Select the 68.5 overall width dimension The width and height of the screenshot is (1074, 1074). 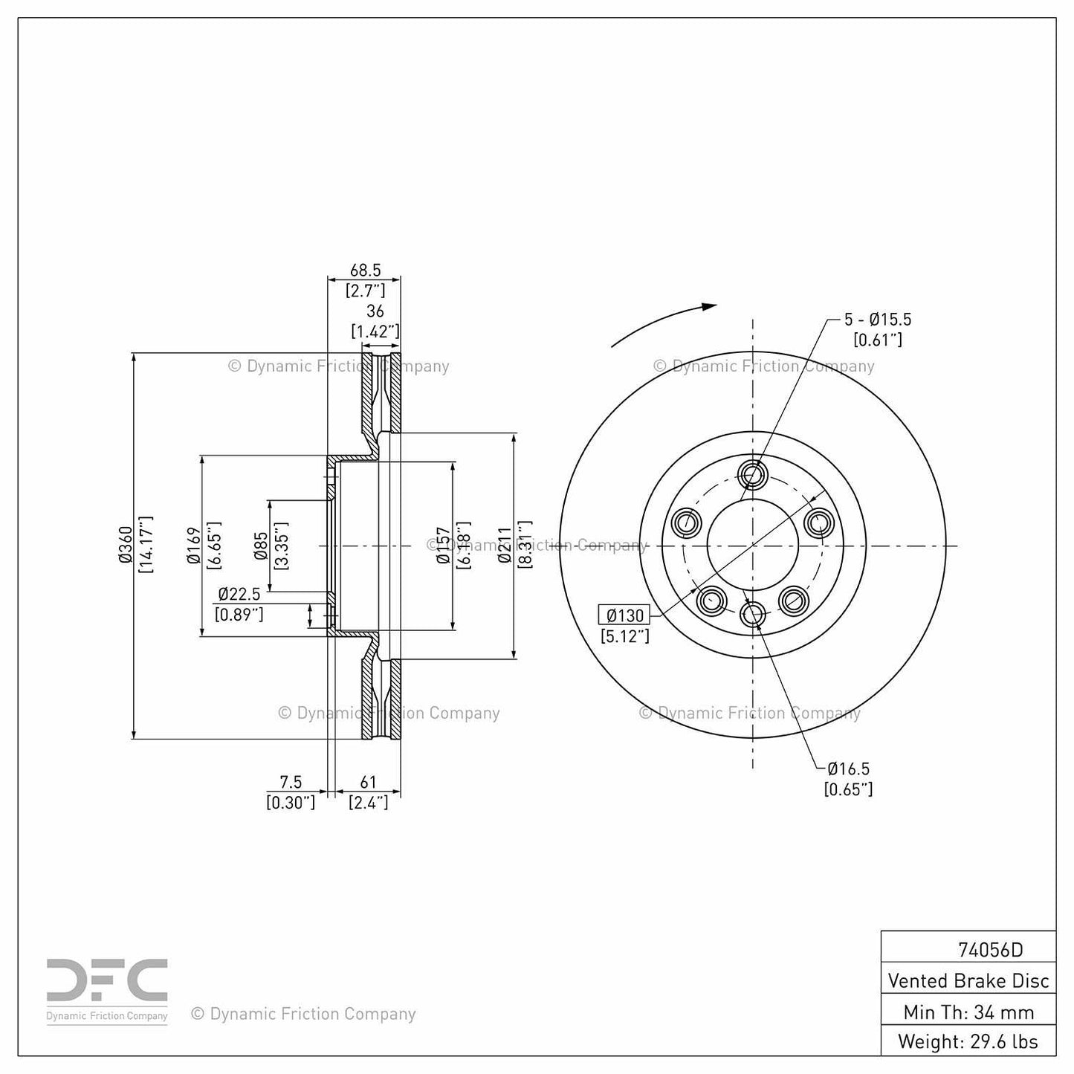[365, 271]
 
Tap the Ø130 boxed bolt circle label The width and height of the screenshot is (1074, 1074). [624, 615]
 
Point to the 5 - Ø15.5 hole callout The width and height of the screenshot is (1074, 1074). [877, 320]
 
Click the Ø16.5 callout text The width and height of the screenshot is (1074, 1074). [848, 769]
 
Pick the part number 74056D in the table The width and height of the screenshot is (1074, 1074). [990, 949]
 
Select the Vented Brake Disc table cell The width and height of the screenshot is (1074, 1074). [968, 980]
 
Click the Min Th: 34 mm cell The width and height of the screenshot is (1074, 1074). [968, 1012]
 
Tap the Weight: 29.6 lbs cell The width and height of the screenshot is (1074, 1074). [968, 1041]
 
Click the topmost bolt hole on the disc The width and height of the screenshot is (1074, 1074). [753, 473]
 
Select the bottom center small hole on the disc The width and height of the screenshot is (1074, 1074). [753, 614]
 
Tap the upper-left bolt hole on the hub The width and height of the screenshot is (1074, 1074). [686, 523]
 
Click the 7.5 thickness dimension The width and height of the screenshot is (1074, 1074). [291, 782]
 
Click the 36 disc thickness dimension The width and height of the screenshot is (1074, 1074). [375, 311]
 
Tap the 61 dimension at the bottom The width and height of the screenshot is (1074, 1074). [368, 782]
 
